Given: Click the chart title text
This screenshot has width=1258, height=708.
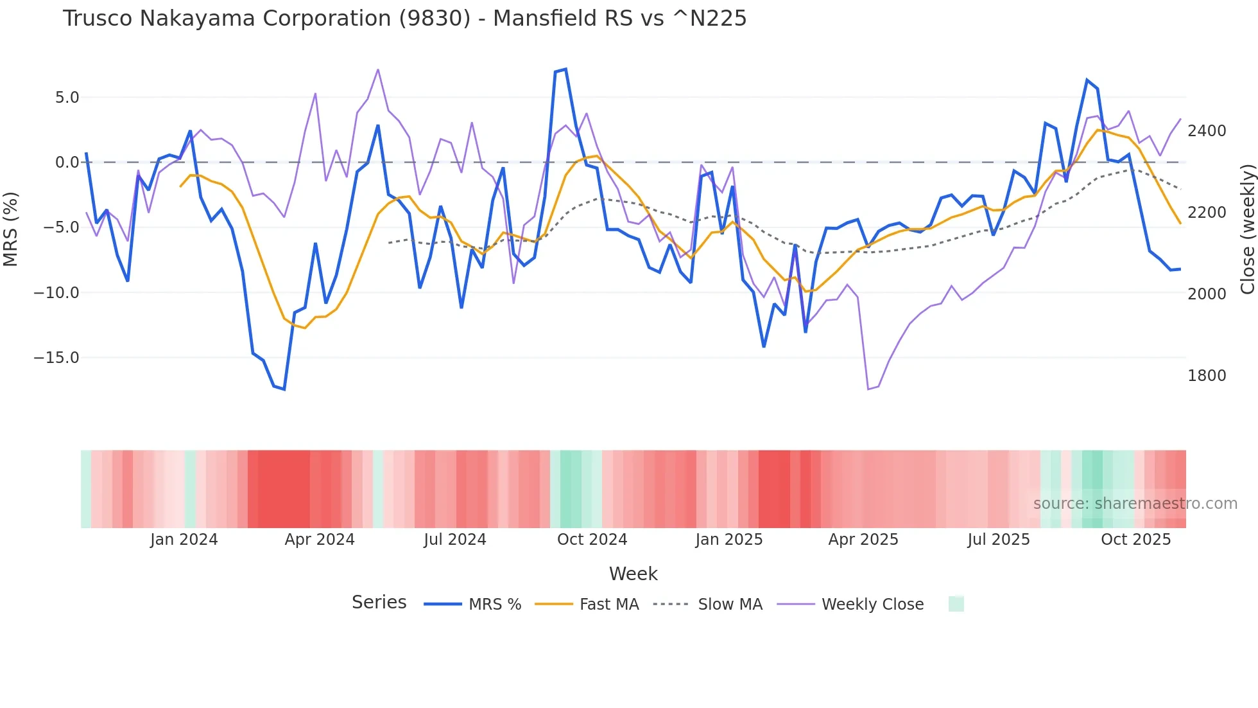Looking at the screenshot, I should [x=404, y=19].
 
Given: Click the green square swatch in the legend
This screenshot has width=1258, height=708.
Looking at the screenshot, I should [x=956, y=604].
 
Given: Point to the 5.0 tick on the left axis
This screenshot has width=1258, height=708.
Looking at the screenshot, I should [x=67, y=98].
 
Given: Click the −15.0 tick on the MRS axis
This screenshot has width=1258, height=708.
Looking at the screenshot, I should [x=56, y=358].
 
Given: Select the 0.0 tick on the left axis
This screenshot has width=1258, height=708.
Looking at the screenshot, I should [x=67, y=163].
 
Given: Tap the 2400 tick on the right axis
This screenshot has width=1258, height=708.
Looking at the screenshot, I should [x=1207, y=131].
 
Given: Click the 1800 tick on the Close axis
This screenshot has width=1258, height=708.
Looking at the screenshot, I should [x=1207, y=376].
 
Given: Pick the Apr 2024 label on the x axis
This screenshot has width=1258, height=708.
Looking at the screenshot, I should [x=320, y=540].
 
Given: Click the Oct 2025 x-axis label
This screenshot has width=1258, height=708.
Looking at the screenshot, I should [x=1135, y=540].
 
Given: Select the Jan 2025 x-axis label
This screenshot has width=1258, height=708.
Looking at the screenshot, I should [x=728, y=540].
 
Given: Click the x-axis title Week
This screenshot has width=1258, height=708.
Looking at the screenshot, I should [x=633, y=574].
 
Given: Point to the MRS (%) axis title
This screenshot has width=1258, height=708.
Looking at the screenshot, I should [x=11, y=229].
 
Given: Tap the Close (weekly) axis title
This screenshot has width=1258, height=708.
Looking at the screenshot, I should [x=1247, y=229].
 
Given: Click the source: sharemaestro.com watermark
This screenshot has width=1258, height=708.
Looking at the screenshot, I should [x=1135, y=504].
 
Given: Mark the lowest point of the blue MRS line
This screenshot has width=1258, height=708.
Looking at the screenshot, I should [x=284, y=389].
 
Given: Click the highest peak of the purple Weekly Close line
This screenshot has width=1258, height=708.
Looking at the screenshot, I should [x=378, y=69].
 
